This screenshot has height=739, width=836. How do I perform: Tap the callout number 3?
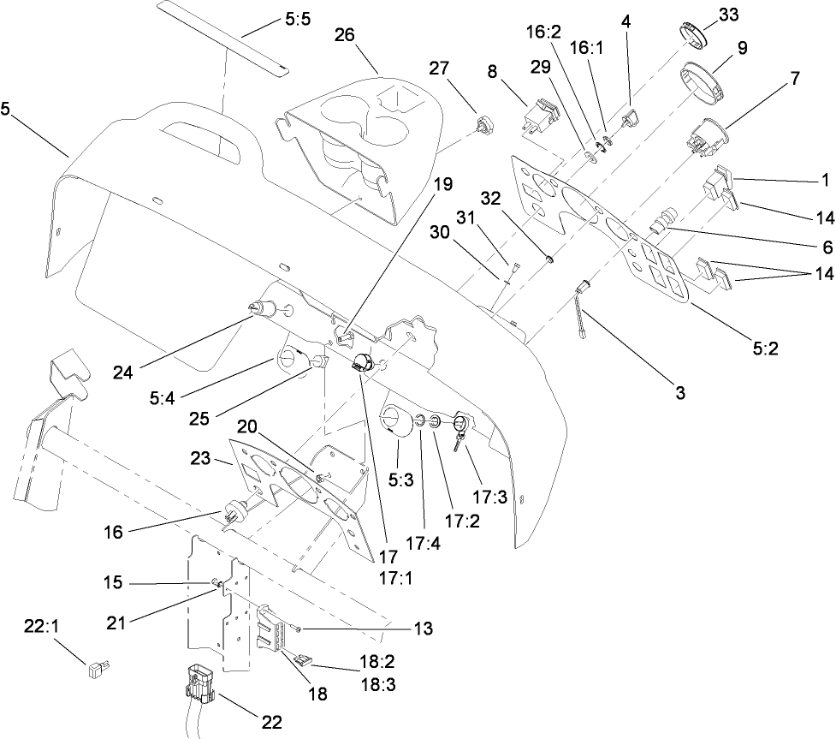tap(679, 393)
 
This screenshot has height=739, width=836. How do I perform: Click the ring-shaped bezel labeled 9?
tap(702, 79)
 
